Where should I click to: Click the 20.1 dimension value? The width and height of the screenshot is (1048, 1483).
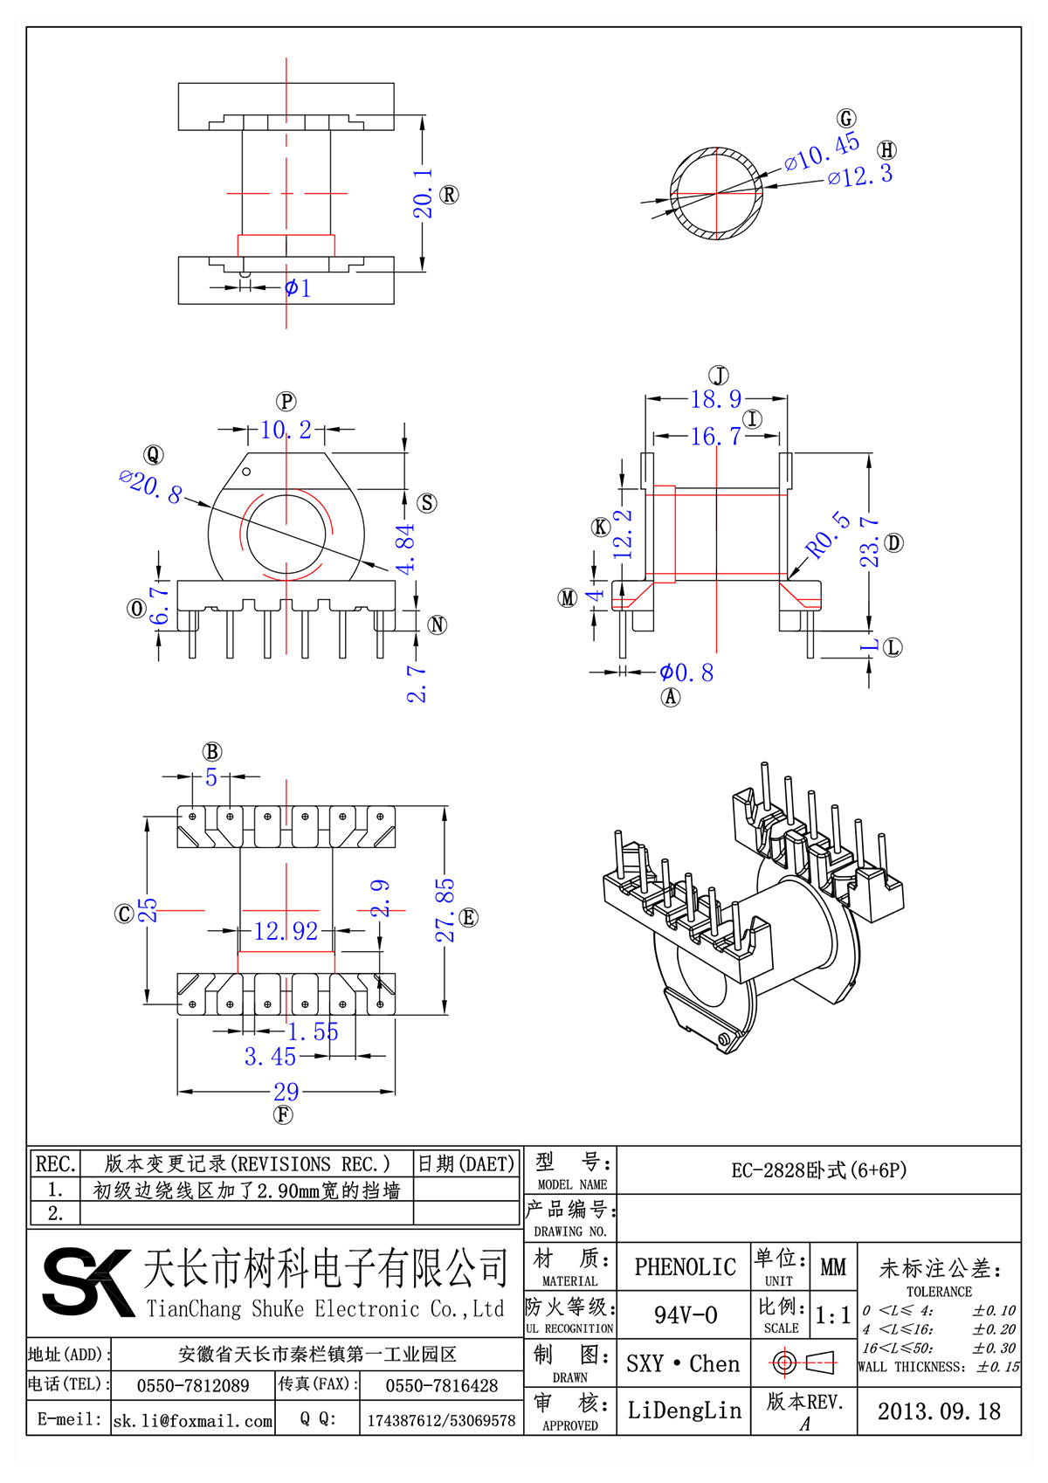coord(423,193)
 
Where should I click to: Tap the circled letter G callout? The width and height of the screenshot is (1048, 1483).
coord(845,119)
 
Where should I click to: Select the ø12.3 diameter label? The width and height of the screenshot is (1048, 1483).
coord(860,175)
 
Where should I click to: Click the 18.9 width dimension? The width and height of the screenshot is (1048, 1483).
coord(715,399)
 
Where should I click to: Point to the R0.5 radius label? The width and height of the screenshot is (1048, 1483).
coord(827,535)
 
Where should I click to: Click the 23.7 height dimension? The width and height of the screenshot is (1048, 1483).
coord(869,541)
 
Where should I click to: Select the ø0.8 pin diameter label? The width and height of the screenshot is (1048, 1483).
coord(686,673)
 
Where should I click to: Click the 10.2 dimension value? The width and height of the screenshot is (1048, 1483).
coord(286,430)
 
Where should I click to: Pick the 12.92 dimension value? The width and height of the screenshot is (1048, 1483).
coord(286,931)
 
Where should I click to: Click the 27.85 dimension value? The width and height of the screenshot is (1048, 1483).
coord(445,910)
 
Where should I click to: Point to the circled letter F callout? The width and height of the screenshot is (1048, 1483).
coord(283,1114)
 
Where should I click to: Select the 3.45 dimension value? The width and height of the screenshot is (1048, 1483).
coord(270,1057)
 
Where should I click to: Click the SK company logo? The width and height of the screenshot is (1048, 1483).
coord(87,1281)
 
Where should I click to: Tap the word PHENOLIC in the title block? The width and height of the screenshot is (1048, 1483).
coord(685,1266)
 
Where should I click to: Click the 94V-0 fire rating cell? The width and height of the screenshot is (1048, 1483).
coord(685,1314)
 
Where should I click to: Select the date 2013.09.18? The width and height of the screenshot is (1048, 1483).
coord(939,1411)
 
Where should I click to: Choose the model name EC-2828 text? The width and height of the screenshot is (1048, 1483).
coord(818,1170)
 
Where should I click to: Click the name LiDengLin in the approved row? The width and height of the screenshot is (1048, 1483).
coord(685,1410)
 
